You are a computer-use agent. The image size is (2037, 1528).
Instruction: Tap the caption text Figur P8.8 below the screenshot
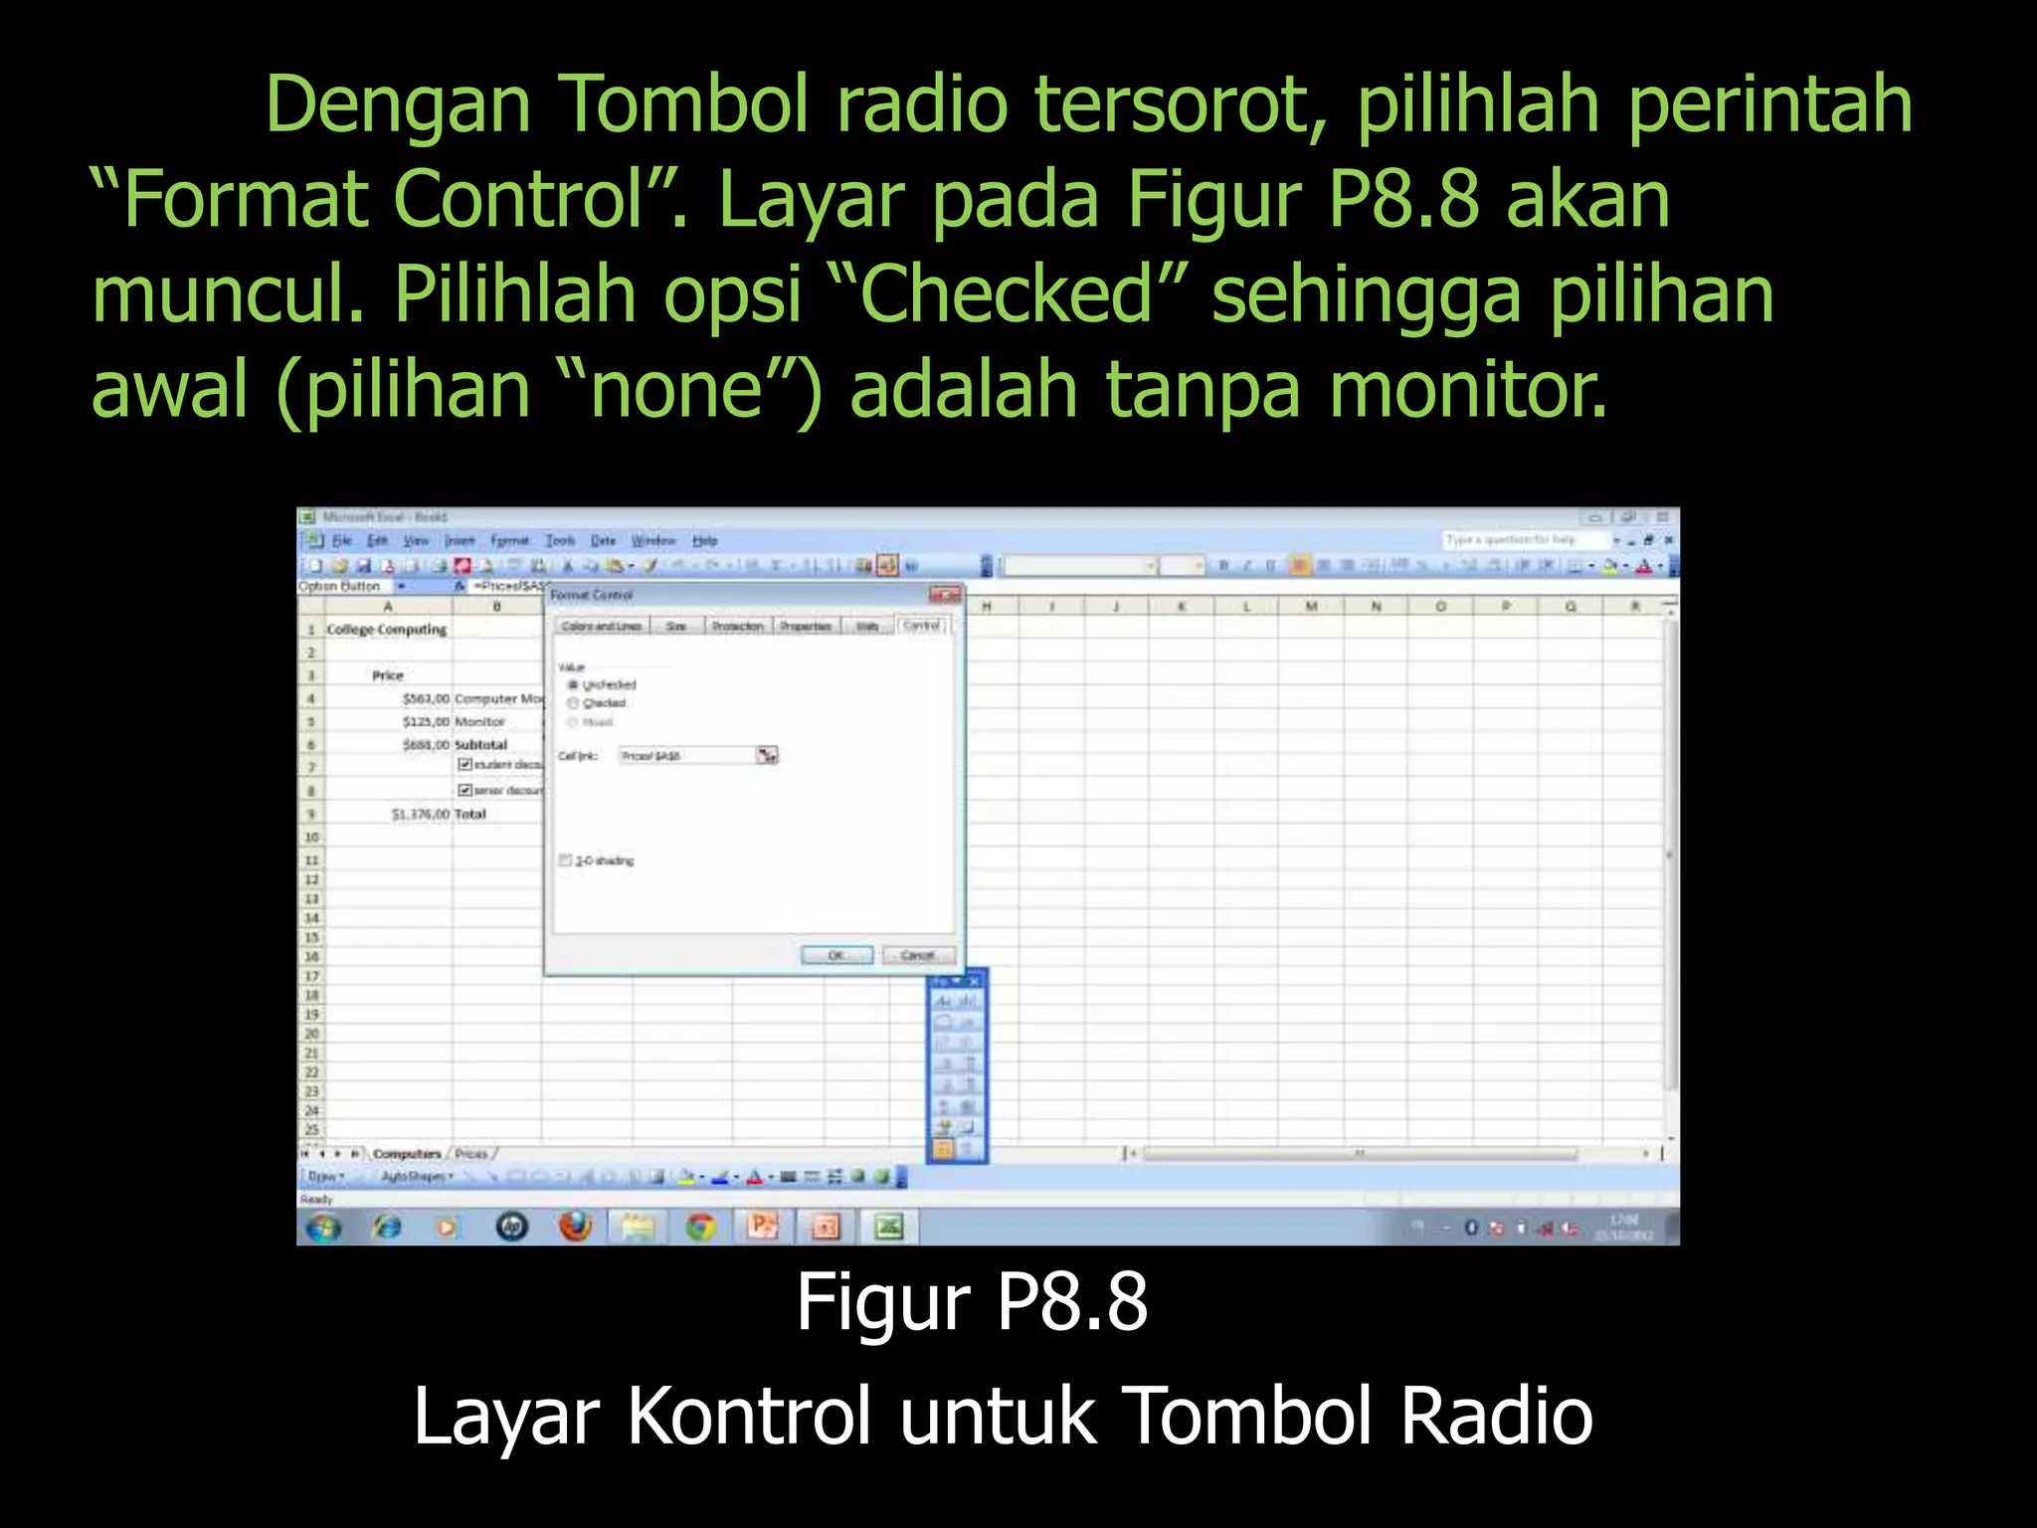(972, 1302)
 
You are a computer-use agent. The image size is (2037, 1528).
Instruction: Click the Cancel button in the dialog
(917, 955)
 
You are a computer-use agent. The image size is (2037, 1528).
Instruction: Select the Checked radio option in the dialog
(573, 703)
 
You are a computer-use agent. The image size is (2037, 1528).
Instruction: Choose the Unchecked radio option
(573, 685)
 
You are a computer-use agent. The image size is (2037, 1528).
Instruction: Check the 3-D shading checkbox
(566, 860)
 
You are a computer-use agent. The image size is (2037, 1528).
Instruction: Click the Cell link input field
(686, 756)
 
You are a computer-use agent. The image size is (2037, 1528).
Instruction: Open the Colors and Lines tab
(601, 626)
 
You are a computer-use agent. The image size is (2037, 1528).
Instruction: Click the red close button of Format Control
(945, 595)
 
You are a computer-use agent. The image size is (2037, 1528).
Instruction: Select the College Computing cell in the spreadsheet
(387, 630)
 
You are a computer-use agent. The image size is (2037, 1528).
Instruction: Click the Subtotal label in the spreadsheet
(480, 744)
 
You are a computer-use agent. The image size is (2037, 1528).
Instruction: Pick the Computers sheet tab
(407, 1154)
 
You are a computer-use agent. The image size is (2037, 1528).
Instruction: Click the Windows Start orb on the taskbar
(322, 1228)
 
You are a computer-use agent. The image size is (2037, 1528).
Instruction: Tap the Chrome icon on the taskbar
(701, 1228)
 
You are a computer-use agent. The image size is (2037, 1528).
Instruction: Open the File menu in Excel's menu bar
(342, 540)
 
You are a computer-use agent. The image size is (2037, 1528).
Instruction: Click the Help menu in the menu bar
(704, 540)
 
